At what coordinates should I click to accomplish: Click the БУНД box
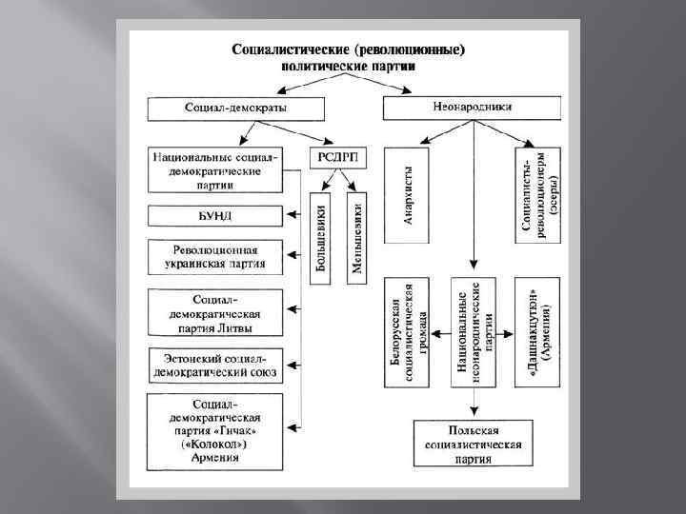click(215, 216)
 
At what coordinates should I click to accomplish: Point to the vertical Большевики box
click(320, 237)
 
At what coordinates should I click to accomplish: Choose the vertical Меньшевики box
click(357, 237)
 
